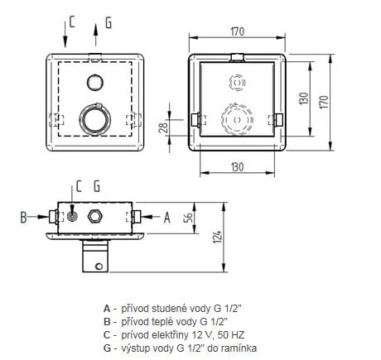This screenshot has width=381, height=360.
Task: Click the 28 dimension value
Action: click(x=164, y=127)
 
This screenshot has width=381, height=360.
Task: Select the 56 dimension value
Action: click(x=188, y=218)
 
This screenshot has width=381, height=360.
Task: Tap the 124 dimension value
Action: click(x=218, y=237)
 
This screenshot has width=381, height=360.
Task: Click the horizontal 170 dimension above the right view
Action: click(x=238, y=31)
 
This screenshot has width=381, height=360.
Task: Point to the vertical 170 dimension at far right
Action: click(x=325, y=102)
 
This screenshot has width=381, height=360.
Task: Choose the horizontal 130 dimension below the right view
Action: click(x=238, y=167)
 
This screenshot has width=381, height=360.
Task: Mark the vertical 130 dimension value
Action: click(x=304, y=98)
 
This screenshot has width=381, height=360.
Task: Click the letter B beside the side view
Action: click(x=24, y=217)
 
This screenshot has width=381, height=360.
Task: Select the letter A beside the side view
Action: click(x=167, y=218)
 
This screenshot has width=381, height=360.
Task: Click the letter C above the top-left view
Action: click(x=72, y=22)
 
